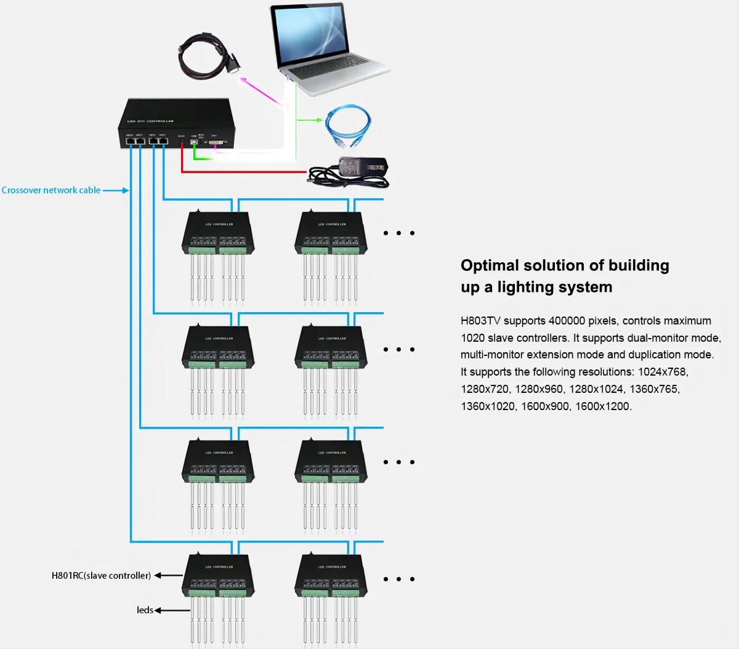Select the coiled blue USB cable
349,126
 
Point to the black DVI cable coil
206,55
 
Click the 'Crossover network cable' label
51,190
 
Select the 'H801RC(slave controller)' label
101,576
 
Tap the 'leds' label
145,610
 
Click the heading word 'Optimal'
490,265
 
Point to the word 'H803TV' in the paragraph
480,321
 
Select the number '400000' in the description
567,321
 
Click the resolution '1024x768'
663,372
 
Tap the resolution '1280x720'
485,389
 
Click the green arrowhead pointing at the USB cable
320,120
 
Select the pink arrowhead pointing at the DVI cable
243,79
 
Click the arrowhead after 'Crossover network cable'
126,191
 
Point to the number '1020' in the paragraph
472,338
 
